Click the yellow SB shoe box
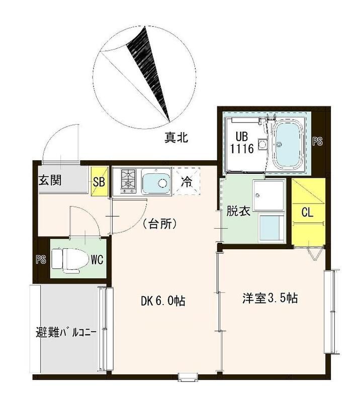click(99, 182)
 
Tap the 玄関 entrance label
click(50, 180)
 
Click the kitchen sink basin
click(157, 181)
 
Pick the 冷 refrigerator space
click(186, 181)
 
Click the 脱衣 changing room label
click(238, 212)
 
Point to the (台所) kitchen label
click(158, 224)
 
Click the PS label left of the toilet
click(40, 260)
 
